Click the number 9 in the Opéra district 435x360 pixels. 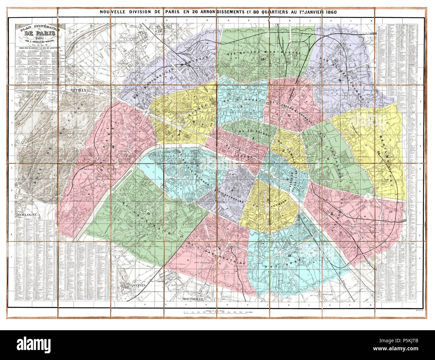[x=241, y=106]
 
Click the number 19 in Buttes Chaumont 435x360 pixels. [x=339, y=80]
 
